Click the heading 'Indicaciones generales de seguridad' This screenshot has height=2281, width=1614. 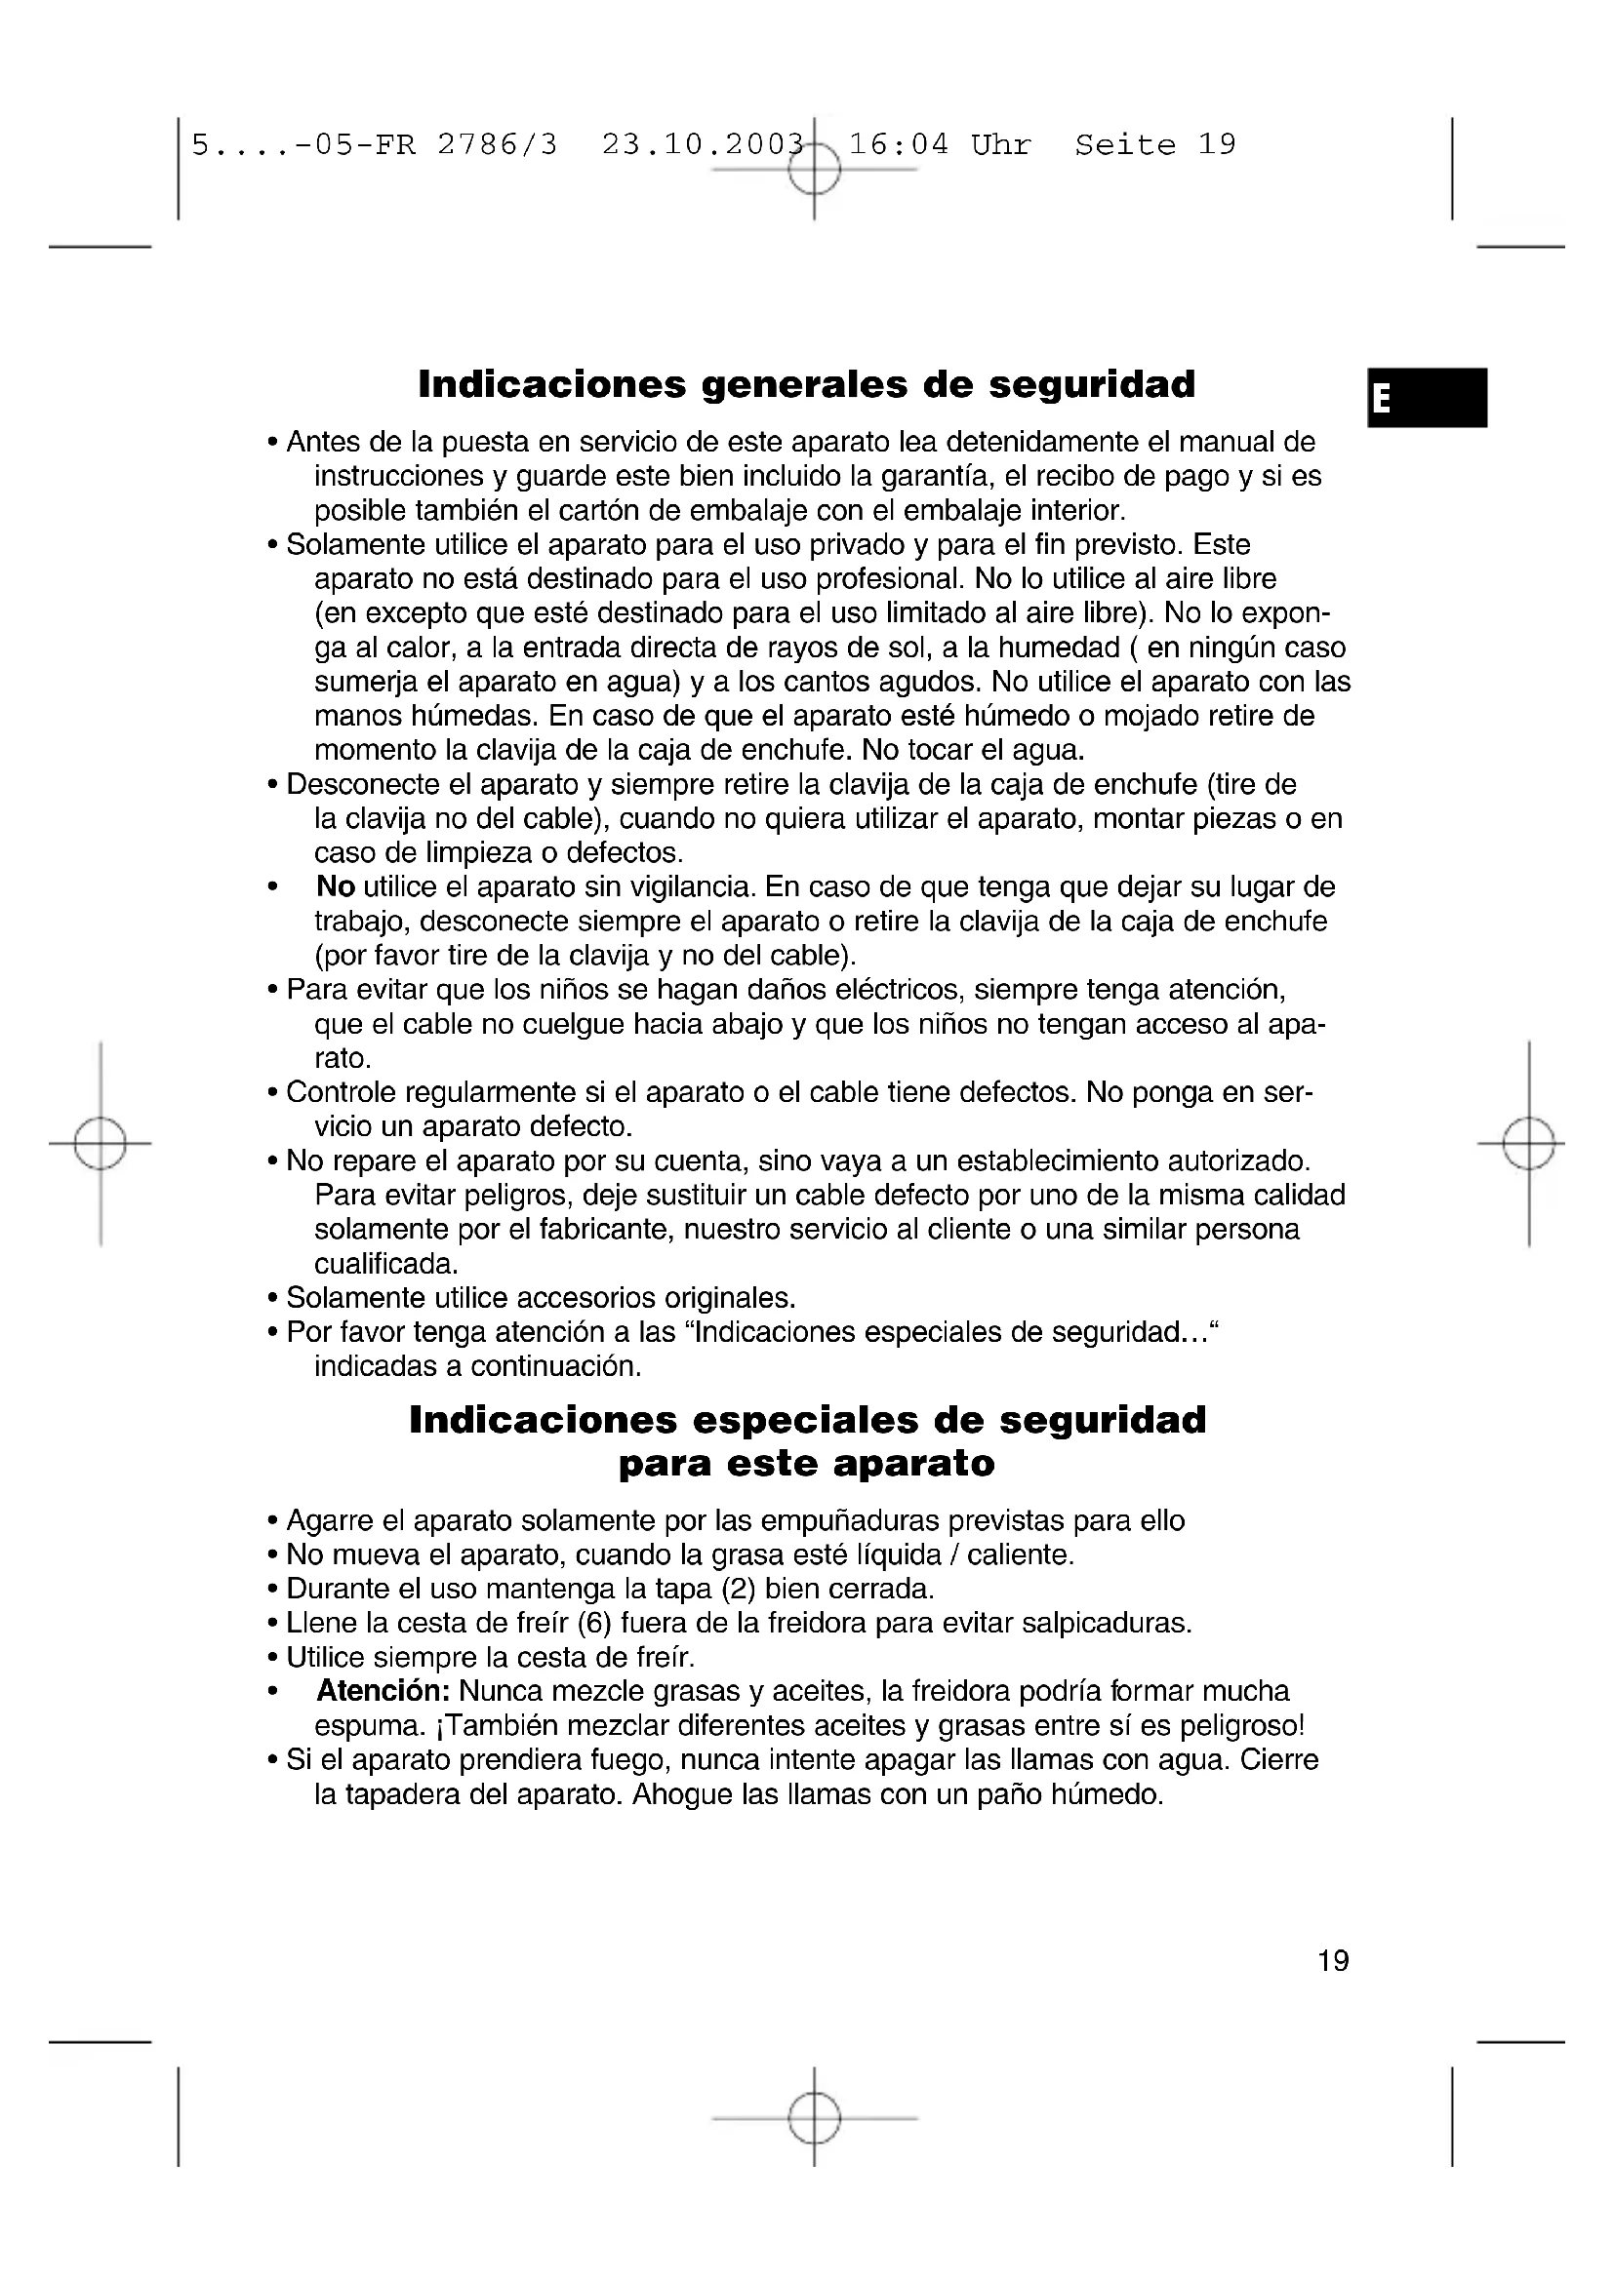tap(806, 384)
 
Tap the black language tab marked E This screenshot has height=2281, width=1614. tap(1427, 397)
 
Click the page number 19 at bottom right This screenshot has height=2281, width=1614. tap(1333, 1960)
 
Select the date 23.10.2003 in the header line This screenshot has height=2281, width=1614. tap(702, 145)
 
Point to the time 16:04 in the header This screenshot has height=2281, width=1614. tap(899, 145)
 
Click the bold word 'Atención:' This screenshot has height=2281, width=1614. tap(383, 1690)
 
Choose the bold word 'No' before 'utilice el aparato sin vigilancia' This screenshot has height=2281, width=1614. tap(336, 886)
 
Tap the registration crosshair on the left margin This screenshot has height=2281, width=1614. tap(101, 1144)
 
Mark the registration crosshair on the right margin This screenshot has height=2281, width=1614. tap(1528, 1144)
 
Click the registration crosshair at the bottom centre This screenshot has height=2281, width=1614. tap(814, 2119)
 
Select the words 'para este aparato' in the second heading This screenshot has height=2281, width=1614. tap(806, 1464)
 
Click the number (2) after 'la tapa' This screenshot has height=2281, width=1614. tap(739, 1589)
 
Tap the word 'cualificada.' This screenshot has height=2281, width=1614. tap(386, 1264)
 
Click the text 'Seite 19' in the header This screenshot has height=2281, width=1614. tap(1154, 145)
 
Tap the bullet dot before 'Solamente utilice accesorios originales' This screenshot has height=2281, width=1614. tap(271, 1298)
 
